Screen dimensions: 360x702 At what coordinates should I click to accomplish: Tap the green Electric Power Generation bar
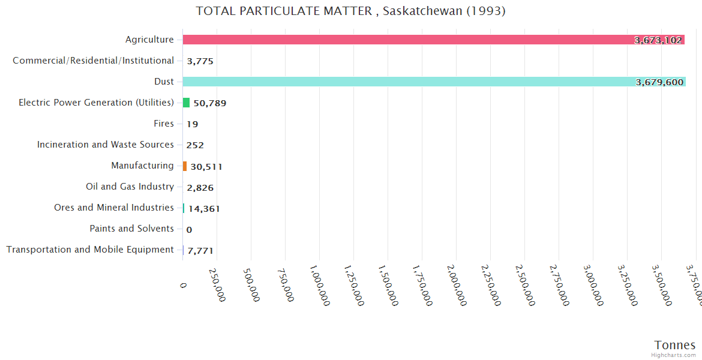point(186,103)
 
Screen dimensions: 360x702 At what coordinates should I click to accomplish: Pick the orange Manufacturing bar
point(185,166)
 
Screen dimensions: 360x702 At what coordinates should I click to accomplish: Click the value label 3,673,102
point(658,40)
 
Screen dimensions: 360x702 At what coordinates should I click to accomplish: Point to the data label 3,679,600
point(659,82)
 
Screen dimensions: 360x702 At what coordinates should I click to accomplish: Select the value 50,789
point(209,103)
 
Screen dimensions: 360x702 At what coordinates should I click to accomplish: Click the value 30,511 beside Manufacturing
point(206,167)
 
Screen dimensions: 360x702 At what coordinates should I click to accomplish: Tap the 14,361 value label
point(204,209)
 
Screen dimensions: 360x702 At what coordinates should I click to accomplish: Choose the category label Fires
point(164,124)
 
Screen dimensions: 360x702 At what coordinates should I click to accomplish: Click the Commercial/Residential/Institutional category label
point(93,61)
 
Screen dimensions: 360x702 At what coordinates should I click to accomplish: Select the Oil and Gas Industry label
point(130,187)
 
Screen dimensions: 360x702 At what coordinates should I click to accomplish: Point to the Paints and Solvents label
point(131,229)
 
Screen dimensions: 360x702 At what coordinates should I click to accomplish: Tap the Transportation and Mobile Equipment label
point(90,250)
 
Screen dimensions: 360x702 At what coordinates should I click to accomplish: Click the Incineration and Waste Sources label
point(105,145)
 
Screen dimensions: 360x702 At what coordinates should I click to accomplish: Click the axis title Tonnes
point(674,345)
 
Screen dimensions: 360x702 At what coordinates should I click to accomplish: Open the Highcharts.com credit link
point(674,355)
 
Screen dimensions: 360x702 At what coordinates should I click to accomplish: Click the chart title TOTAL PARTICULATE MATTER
point(350,11)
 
